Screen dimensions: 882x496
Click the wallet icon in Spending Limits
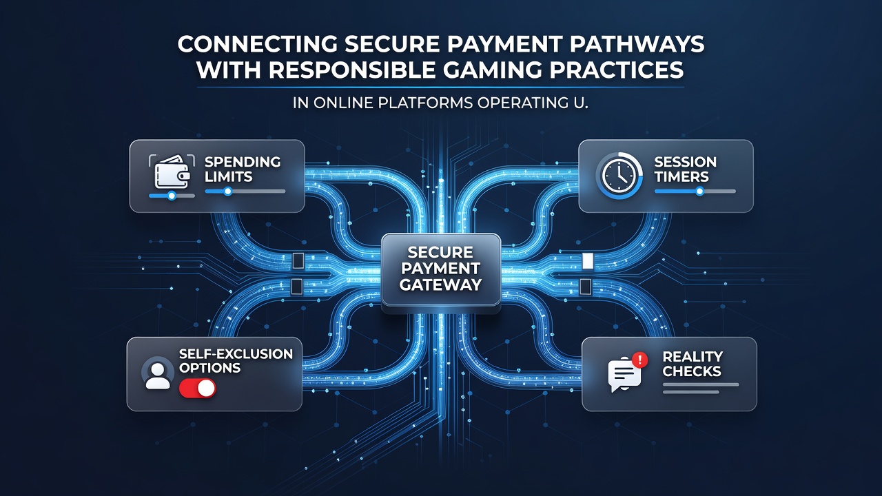point(172,172)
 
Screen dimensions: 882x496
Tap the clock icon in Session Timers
point(619,176)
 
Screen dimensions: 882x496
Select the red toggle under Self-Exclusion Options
point(197,389)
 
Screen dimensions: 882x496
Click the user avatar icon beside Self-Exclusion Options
point(158,373)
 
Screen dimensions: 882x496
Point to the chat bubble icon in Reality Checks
point(624,374)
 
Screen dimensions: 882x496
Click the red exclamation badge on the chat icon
point(640,360)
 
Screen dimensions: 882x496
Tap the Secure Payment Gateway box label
point(440,269)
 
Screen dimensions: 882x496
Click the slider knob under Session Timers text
point(699,192)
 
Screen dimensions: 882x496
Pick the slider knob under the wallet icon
point(172,195)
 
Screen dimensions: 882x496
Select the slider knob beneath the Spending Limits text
point(227,192)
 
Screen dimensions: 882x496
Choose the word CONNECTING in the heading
point(258,44)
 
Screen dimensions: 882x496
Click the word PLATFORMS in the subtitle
point(425,103)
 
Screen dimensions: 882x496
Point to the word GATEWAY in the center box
point(440,285)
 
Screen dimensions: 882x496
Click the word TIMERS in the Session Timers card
point(681,177)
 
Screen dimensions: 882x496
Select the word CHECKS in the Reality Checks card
point(691,371)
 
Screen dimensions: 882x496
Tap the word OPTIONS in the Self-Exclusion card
point(209,368)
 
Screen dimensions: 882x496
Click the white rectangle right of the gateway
point(588,261)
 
